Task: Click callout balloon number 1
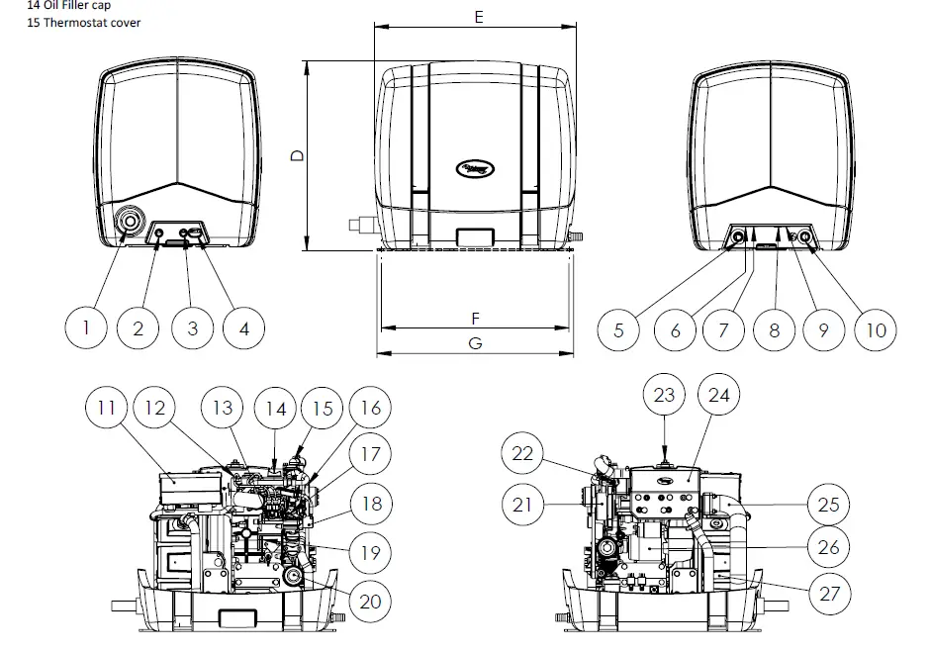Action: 86,328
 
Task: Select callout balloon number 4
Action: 243,328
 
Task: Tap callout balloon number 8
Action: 775,329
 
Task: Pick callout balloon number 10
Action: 877,329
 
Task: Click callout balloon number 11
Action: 107,407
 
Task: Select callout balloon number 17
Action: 369,455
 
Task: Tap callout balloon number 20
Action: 369,601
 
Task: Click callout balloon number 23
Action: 664,395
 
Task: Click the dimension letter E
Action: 477,17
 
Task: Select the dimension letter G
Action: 475,342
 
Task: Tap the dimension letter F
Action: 475,319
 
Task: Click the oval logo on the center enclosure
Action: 476,169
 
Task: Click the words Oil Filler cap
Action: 76,5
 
